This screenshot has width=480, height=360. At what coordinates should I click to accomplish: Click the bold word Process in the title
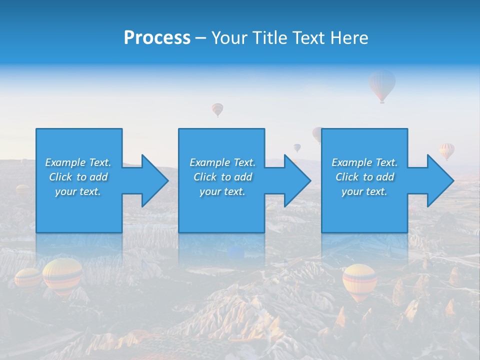tap(157, 38)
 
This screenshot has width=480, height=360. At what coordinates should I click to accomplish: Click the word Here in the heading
tap(349, 38)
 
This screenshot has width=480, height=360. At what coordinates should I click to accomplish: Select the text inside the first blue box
tap(78, 177)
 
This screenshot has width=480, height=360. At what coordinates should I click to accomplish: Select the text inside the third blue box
tap(364, 177)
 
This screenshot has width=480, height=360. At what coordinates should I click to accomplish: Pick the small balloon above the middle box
tap(217, 109)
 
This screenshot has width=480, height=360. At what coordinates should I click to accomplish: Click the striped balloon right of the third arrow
tap(447, 150)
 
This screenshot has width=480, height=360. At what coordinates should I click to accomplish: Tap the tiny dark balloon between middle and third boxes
tap(297, 147)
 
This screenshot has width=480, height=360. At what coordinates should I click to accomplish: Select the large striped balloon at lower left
tap(62, 275)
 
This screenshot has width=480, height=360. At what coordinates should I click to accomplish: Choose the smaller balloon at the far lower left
tap(27, 278)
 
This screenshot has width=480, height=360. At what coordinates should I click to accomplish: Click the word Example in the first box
tap(65, 162)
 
